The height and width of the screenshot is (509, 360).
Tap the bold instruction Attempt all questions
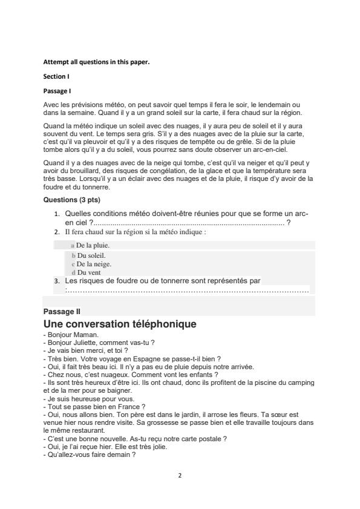tap(88, 62)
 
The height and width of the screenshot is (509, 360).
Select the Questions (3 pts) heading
tap(72, 200)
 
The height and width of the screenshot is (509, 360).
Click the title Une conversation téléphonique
tap(120, 324)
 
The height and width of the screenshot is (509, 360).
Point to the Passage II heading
tap(62, 311)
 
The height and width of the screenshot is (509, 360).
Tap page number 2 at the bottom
tap(180, 475)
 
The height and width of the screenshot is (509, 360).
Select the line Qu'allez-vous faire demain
tap(89, 455)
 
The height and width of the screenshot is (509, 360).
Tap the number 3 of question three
tap(57, 281)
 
